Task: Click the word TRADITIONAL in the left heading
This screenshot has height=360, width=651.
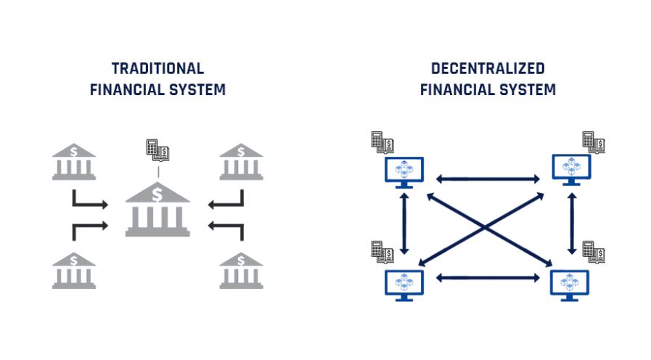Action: click(x=157, y=69)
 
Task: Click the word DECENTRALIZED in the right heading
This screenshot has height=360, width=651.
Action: click(x=488, y=69)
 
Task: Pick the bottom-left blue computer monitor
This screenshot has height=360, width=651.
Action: click(x=404, y=283)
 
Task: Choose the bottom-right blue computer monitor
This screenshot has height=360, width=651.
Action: click(x=571, y=283)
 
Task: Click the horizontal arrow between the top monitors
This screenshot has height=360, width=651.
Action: click(x=488, y=177)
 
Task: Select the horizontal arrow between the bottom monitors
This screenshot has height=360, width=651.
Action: click(x=488, y=277)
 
